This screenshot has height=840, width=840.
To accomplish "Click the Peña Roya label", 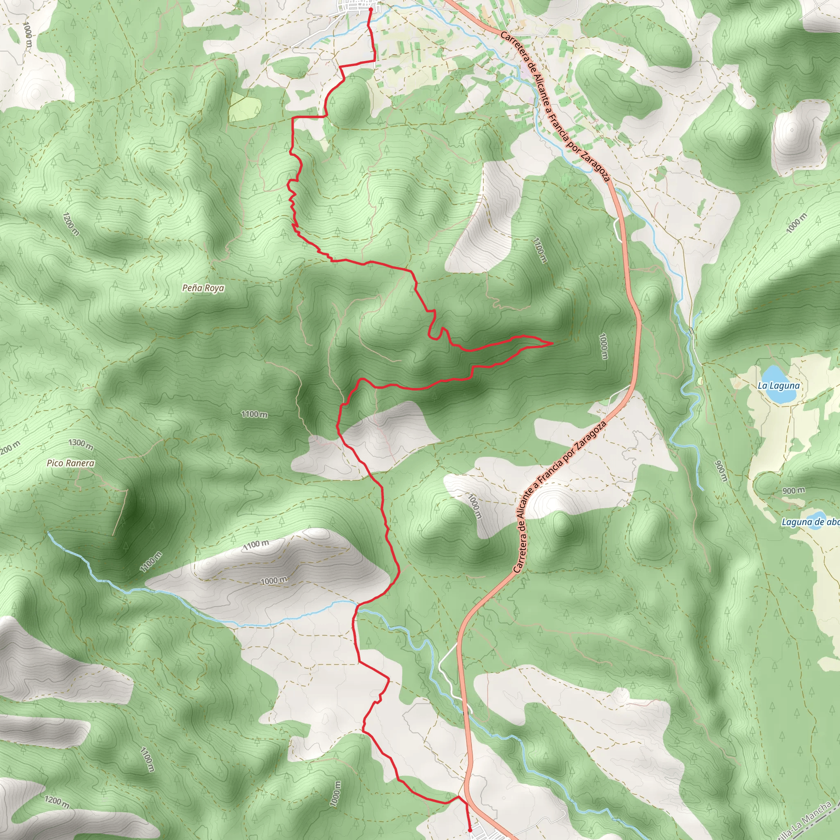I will (203, 288).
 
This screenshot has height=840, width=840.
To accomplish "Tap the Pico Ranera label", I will (71, 463).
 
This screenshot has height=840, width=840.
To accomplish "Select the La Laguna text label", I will (778, 386).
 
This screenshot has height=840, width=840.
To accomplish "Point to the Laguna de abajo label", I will (810, 522).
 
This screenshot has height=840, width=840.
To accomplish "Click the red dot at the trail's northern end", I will (370, 9).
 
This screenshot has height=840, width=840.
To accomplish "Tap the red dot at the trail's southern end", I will (470, 830).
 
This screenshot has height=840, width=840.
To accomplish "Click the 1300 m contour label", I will (81, 444).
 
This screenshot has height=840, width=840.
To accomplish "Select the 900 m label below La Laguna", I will (794, 491).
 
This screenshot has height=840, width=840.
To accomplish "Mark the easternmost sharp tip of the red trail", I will (552, 343).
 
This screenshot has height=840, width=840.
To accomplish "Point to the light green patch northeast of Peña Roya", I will (244, 106).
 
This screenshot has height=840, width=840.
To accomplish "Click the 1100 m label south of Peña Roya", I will (254, 414).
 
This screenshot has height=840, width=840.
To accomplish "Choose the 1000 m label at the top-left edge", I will (27, 30).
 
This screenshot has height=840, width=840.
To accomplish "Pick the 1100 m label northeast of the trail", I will (539, 249).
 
